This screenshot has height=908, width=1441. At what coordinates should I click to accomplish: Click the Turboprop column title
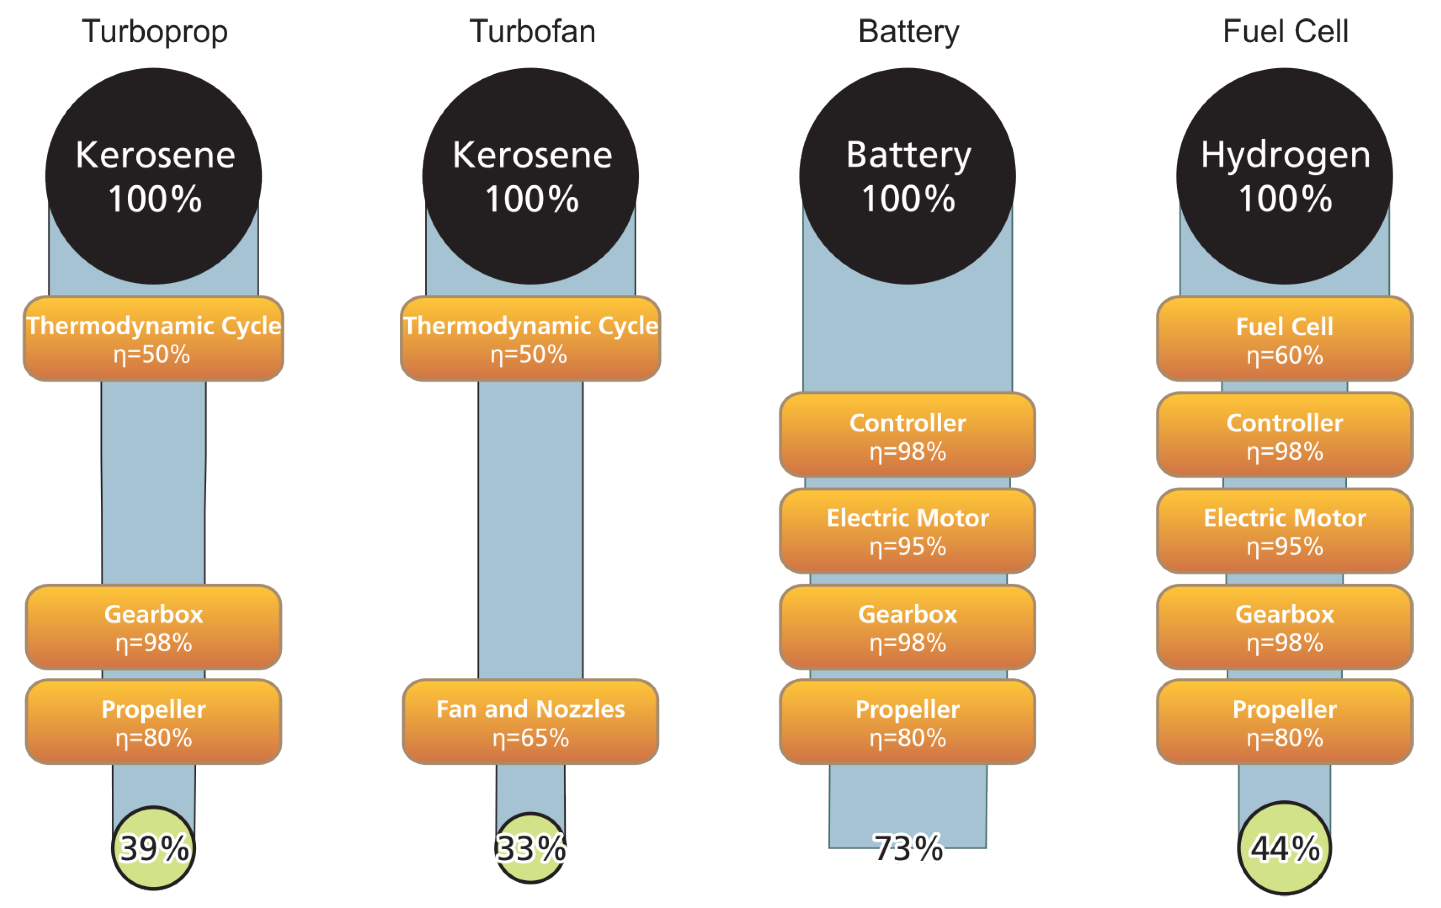click(x=155, y=31)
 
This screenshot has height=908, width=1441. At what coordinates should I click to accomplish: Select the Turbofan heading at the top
click(x=532, y=31)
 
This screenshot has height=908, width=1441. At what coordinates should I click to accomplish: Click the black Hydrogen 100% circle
click(x=1284, y=176)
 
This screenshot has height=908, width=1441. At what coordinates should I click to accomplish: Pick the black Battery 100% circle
click(x=907, y=176)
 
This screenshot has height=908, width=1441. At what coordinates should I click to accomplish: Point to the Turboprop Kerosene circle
click(x=154, y=176)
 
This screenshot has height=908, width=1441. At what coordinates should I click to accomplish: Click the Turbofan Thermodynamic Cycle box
click(x=530, y=339)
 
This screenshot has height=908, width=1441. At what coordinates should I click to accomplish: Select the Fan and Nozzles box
click(x=530, y=722)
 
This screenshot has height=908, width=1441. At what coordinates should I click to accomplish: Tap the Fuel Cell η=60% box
click(x=1284, y=339)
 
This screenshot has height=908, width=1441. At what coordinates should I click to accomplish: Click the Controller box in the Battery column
click(x=907, y=435)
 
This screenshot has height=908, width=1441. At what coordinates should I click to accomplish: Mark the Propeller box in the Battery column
click(x=907, y=722)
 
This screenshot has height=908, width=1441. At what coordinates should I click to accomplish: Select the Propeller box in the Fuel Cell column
click(x=1284, y=722)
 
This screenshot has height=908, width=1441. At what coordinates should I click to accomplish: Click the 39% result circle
click(x=154, y=848)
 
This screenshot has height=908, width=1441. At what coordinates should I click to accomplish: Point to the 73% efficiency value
click(x=907, y=848)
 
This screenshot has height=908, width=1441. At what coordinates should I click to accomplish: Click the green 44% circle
click(x=1284, y=848)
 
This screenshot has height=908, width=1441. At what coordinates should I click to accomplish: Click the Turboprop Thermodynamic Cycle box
click(x=154, y=339)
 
